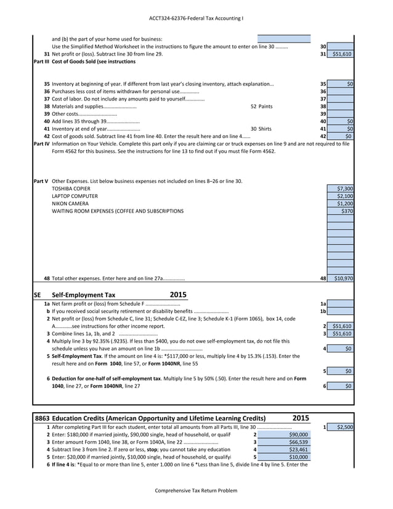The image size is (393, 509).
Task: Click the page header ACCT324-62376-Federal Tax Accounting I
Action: pos(196,18)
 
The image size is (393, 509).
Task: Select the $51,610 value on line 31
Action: pos(341,54)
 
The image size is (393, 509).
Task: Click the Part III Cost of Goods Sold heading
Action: pos(84,62)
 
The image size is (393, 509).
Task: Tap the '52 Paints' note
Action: pos(261,106)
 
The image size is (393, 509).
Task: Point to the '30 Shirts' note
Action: pos(261,129)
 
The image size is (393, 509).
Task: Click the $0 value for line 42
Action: pos(341,136)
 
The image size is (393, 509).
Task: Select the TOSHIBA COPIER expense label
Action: pos(71,189)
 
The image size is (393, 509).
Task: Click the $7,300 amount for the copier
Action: pos(341,189)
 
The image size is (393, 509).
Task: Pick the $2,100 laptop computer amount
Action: pos(341,196)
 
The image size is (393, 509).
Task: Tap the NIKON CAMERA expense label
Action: pos(70,203)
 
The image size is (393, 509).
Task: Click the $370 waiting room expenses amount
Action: pos(341,211)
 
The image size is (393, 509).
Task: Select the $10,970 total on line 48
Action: pos(341,279)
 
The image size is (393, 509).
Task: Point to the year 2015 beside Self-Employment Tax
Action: pos(178,295)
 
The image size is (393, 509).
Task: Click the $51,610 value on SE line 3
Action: pos(341,333)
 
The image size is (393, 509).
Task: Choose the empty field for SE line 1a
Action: pos(341,304)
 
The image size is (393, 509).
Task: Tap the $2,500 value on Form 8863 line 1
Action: pos(341,427)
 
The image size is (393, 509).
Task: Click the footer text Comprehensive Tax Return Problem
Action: pos(195,491)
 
